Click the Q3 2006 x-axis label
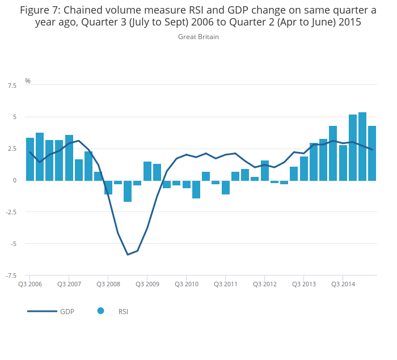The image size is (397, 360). tap(30, 284)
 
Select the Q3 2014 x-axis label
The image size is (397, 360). tap(343, 284)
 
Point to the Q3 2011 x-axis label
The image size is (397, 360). tap(225, 284)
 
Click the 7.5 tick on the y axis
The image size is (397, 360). tap(12, 86)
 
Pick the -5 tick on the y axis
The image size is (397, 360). tap(13, 244)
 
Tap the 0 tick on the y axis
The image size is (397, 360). tap(15, 180)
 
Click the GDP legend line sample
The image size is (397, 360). tap(42, 311)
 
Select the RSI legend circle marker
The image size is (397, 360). tap(100, 311)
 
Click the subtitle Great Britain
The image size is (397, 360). tap(198, 37)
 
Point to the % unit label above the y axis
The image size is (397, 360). tap(28, 81)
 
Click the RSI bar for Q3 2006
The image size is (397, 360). tap(30, 159)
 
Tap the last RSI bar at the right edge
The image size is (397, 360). tap(372, 153)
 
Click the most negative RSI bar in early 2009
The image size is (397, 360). tap(128, 191)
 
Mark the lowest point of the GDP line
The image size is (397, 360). tap(128, 255)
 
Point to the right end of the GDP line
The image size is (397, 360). tap(372, 150)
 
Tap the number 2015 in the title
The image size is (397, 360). tap(346, 23)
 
